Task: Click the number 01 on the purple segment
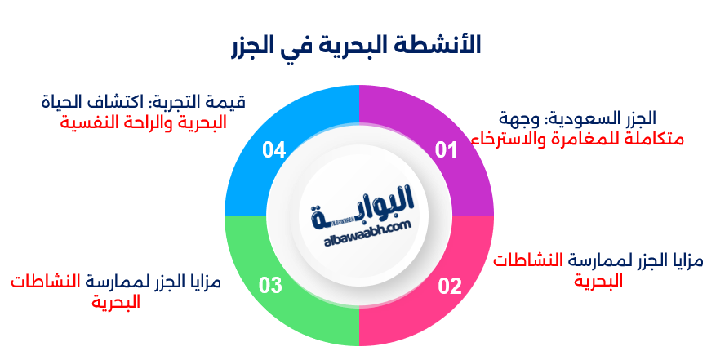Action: pos(446,149)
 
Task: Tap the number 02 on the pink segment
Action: pos(450,286)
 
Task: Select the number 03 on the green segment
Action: pos(270,286)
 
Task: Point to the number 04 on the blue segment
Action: pos(274,149)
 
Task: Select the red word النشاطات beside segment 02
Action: pos(531,262)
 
